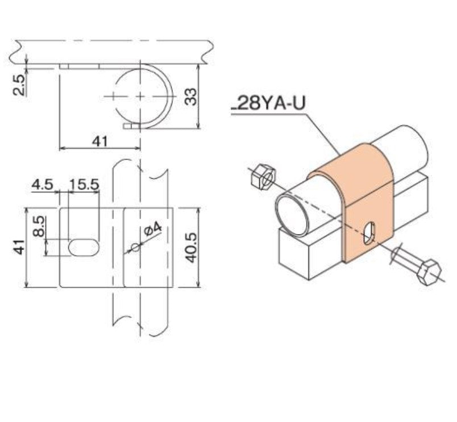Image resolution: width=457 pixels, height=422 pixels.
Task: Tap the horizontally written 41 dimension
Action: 99,141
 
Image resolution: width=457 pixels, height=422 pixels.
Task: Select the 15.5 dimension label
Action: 84,185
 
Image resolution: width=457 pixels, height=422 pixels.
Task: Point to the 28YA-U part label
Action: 268,104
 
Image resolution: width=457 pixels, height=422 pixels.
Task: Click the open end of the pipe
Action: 291,213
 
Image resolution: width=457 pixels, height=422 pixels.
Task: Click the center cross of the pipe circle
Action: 140,95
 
